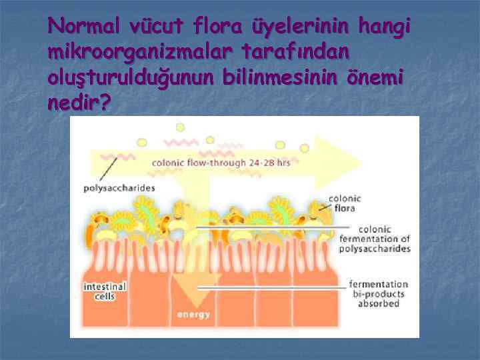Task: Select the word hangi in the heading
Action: coord(385,26)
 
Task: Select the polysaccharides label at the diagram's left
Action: coord(119,188)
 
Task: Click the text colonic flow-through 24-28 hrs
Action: coord(221,163)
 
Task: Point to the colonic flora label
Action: coord(345,203)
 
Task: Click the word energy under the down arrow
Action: coord(193,314)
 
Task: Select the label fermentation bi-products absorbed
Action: coord(377,293)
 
